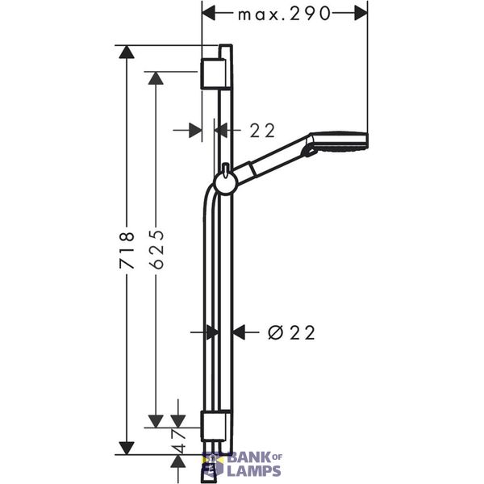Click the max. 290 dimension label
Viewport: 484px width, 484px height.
pyautogui.click(x=284, y=14)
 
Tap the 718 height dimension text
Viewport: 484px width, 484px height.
pyautogui.click(x=127, y=250)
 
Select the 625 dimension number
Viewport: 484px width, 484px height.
pyautogui.click(x=156, y=248)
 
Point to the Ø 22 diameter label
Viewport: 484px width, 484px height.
pyautogui.click(x=291, y=332)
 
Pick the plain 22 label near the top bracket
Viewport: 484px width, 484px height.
pyautogui.click(x=262, y=130)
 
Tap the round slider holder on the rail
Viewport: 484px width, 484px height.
pyautogui.click(x=226, y=183)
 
